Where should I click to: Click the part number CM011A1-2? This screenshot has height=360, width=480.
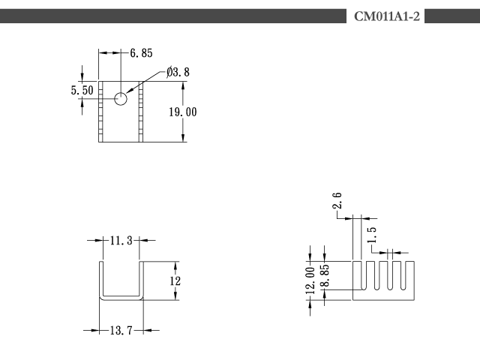tap(387, 16)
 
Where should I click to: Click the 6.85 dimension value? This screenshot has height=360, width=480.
tap(141, 53)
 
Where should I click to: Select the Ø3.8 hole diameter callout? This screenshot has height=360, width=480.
tap(178, 72)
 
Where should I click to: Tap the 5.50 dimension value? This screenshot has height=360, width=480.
tap(82, 90)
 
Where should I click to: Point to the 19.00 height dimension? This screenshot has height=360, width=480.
tap(183, 112)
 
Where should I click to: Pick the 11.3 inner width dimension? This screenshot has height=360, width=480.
tap(121, 241)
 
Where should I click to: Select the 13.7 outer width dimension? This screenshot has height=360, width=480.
tap(121, 330)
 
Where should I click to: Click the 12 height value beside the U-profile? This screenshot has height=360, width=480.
tap(175, 280)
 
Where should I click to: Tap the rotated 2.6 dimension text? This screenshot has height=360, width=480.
tap(337, 200)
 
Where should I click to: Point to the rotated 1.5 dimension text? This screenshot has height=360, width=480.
tap(371, 235)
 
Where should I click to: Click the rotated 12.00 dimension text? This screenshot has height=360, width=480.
tap(310, 280)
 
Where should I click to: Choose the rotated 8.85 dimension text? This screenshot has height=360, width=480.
tap(325, 275)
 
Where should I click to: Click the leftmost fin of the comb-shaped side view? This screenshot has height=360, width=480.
tap(357, 275)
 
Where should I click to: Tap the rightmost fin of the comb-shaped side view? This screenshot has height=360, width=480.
tap(410, 275)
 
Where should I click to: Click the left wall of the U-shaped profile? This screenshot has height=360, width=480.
tap(101, 279)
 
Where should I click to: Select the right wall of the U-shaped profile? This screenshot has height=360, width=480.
tap(141, 279)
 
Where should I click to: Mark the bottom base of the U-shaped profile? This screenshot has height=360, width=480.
tap(121, 298)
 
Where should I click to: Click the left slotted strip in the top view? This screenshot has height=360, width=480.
tap(100, 112)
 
